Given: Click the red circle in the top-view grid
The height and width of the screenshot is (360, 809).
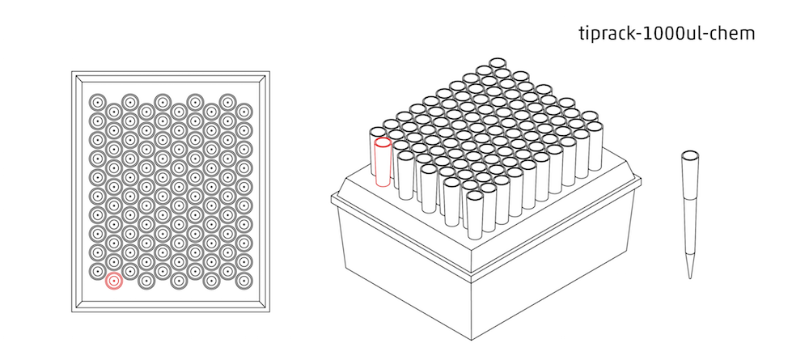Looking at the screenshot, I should [x=114, y=281].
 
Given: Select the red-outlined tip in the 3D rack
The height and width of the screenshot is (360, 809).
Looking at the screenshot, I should [x=383, y=162].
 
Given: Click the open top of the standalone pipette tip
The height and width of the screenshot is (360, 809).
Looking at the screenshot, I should [x=690, y=155].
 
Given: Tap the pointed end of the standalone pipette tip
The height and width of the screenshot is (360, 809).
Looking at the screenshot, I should [x=690, y=277].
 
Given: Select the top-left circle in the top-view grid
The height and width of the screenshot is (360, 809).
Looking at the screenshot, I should [x=97, y=102].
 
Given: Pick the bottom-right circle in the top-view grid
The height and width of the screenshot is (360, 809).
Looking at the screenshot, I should [x=244, y=281].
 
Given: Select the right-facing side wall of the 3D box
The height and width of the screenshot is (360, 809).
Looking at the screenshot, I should [x=558, y=259].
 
